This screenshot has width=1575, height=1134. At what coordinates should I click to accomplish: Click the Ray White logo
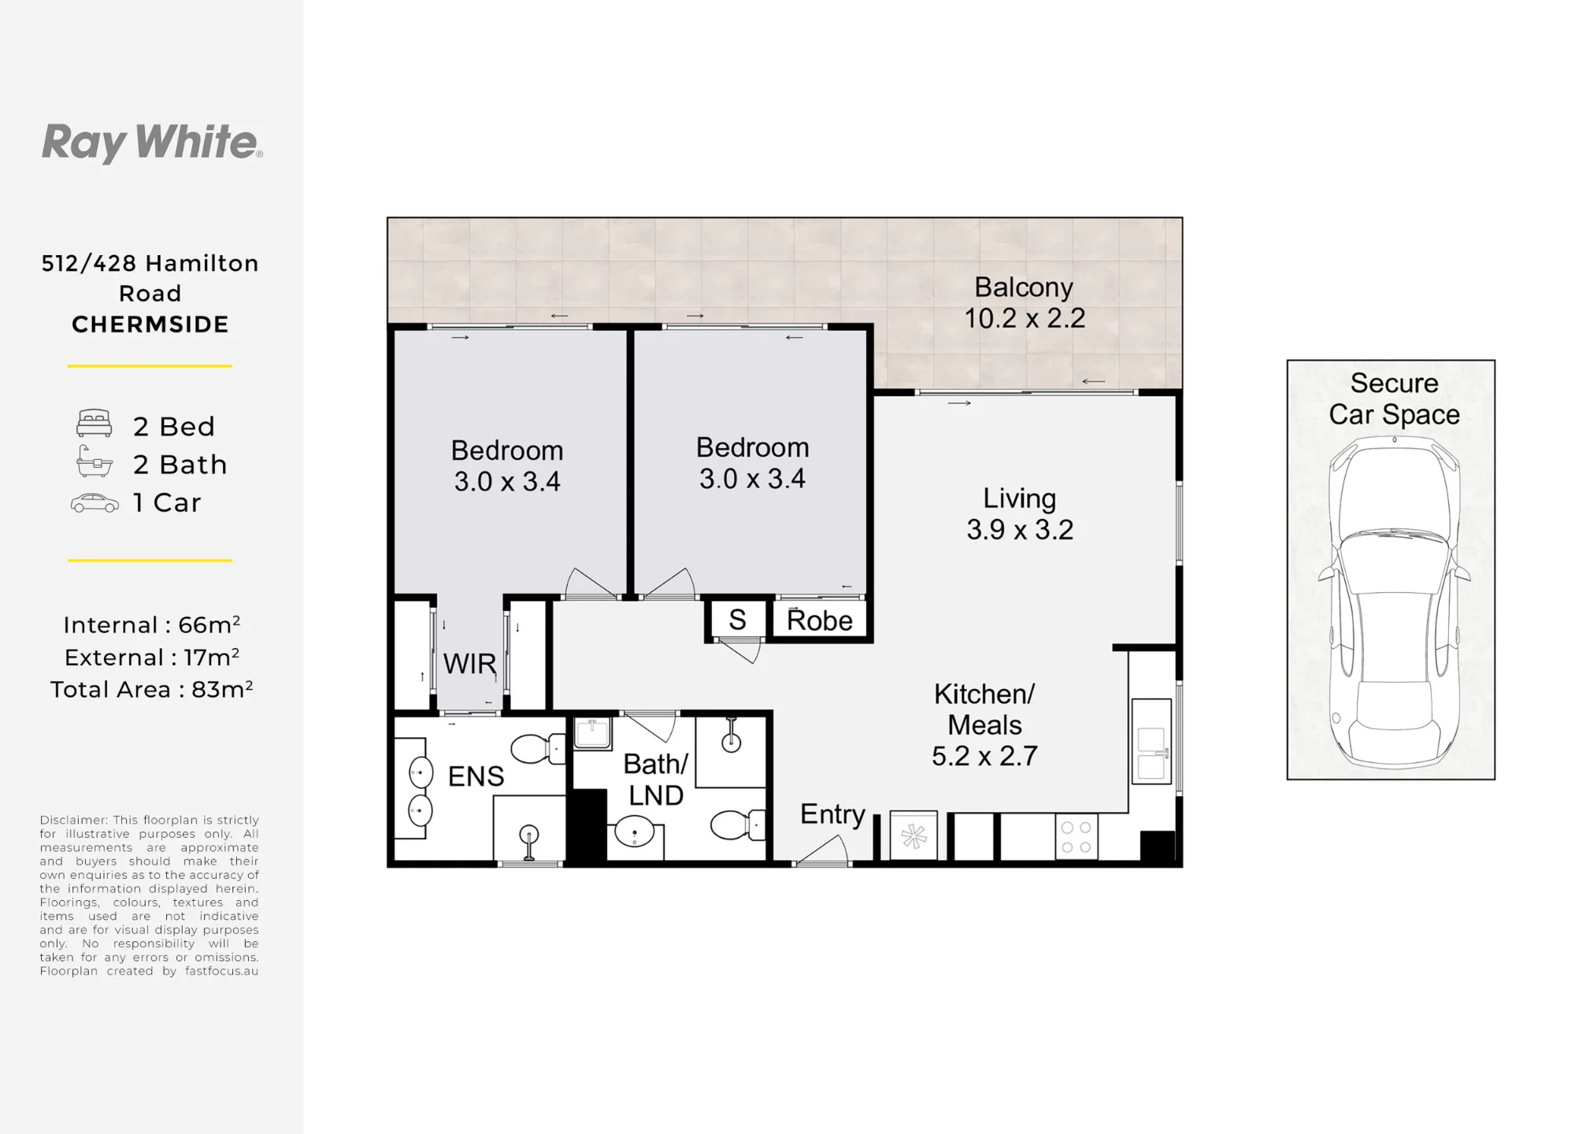click(x=152, y=143)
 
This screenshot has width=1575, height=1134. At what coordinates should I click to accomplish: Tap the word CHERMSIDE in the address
click(x=150, y=324)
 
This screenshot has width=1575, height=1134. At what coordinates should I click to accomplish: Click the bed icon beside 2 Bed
click(x=94, y=424)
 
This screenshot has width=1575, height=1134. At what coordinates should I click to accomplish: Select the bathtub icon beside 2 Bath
click(x=94, y=461)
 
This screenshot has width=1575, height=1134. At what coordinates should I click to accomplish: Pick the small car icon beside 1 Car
click(x=94, y=503)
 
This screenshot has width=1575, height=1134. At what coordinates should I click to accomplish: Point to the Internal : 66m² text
click(x=152, y=624)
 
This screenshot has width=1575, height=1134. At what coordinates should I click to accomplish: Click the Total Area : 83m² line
click(x=152, y=689)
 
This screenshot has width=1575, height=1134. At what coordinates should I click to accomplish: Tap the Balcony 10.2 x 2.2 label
click(x=1025, y=303)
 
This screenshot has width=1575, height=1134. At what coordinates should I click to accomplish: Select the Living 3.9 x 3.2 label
click(x=1020, y=513)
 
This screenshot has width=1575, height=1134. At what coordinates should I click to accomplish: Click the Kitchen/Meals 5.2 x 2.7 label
click(x=984, y=724)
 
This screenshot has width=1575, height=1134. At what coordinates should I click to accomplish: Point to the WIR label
click(x=469, y=664)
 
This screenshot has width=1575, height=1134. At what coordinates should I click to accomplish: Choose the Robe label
click(x=820, y=621)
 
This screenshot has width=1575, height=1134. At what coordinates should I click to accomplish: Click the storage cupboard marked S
click(x=737, y=620)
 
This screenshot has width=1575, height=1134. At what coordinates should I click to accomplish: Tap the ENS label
click(x=476, y=776)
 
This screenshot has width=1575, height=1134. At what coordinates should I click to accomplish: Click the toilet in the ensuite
click(x=538, y=749)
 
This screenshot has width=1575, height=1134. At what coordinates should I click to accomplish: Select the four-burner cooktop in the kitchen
click(x=1076, y=837)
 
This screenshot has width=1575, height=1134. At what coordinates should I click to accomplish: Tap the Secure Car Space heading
click(x=1394, y=398)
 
